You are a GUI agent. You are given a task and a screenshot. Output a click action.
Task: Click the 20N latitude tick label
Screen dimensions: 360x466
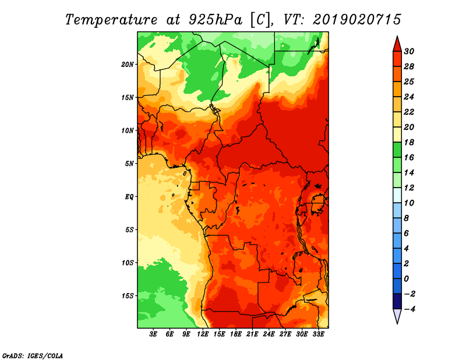coord(128,64)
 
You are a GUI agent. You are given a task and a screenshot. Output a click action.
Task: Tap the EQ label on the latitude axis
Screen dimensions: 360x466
coord(129,196)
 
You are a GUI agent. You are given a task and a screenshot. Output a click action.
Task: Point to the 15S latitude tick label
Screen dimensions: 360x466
coord(128,295)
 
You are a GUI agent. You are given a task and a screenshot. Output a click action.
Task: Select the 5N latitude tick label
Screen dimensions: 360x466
coord(129,163)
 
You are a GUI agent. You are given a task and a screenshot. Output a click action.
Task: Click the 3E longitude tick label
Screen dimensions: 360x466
coord(154,334)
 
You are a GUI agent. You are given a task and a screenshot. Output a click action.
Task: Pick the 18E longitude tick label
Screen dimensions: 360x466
coord(236,334)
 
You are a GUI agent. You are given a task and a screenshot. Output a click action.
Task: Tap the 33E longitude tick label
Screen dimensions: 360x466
coord(318,334)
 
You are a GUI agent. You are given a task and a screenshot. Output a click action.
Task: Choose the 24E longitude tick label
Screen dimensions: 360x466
coord(269,334)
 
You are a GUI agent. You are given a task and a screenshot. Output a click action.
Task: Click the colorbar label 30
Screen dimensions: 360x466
coord(408,51)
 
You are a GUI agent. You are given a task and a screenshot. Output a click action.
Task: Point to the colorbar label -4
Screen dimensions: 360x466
coord(408,309)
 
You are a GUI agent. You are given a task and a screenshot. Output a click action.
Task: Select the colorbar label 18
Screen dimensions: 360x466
coord(408,142)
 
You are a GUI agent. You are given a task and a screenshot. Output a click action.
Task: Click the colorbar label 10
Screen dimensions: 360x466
coord(408,203)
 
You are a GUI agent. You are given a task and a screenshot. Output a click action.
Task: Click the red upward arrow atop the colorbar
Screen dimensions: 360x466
coord(397,43)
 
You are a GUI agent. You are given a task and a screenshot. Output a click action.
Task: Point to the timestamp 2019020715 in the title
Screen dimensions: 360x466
coord(357,19)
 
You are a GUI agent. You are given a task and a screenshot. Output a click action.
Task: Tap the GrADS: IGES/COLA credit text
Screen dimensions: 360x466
coord(32,355)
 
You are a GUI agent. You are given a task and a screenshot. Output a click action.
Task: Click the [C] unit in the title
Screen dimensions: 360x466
coord(262,19)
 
